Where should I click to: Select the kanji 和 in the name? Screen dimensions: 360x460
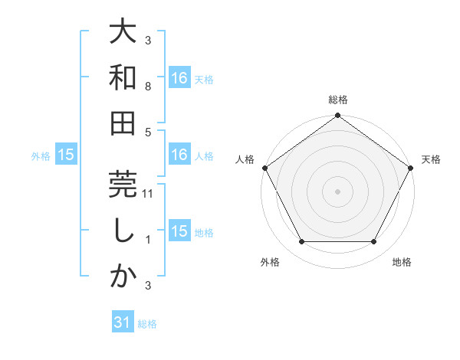coord(123,78)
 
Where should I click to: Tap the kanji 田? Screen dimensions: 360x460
coord(123,123)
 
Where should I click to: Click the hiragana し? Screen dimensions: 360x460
coord(123,230)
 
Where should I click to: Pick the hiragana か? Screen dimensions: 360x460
coord(123,276)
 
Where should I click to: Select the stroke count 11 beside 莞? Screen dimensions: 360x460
coord(149,195)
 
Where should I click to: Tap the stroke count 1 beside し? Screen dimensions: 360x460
coord(148,240)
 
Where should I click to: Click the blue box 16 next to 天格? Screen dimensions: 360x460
coord(179,78)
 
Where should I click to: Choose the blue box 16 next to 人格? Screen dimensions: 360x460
coord(179,155)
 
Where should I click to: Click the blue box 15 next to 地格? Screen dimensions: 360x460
coord(179,231)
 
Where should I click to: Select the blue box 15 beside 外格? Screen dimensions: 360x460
coord(65,155)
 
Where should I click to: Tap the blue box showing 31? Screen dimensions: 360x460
coord(122,323)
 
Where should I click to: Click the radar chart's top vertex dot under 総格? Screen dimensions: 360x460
coord(337,116)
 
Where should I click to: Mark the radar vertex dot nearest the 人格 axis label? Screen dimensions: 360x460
coord(264,168)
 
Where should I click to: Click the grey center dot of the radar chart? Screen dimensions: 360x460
coord(337,191)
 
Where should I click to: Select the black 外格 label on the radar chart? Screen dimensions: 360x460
coord(270,263)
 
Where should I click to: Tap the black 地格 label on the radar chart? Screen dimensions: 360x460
coord(402,263)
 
